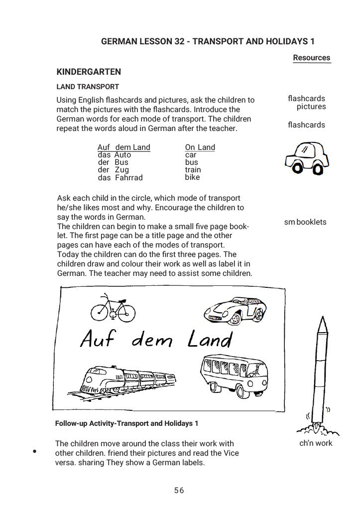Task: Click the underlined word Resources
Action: coord(311,58)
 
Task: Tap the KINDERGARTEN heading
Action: coord(89,72)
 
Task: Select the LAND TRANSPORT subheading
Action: coord(88,87)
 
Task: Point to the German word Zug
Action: coord(121,170)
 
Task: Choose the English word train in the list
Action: coord(193,170)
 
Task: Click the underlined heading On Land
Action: coord(200,147)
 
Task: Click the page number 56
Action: coord(179,491)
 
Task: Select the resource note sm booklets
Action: coord(305,222)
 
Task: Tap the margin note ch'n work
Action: coord(316,443)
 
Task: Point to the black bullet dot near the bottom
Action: coord(35,452)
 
